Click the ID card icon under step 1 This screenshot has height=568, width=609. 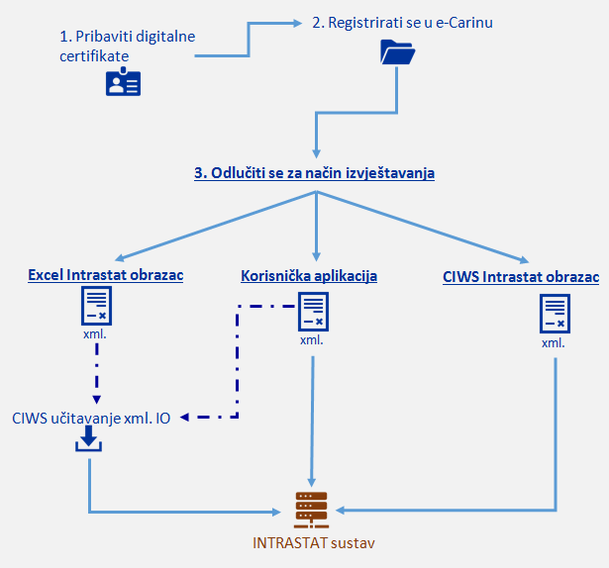tap(124, 83)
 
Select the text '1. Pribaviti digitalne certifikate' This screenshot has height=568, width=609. tap(127, 46)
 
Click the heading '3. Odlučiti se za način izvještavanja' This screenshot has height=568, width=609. tap(314, 172)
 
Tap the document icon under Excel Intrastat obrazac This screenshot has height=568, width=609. tap(96, 308)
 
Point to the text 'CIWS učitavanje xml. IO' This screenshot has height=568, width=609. tap(91, 418)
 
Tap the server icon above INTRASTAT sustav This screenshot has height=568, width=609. tap(311, 510)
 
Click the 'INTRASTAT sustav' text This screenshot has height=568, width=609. tap(314, 542)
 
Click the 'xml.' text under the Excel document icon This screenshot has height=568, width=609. tap(95, 335)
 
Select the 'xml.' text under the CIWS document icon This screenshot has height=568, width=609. tap(554, 342)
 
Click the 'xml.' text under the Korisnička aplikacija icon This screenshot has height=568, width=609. tap(312, 340)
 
